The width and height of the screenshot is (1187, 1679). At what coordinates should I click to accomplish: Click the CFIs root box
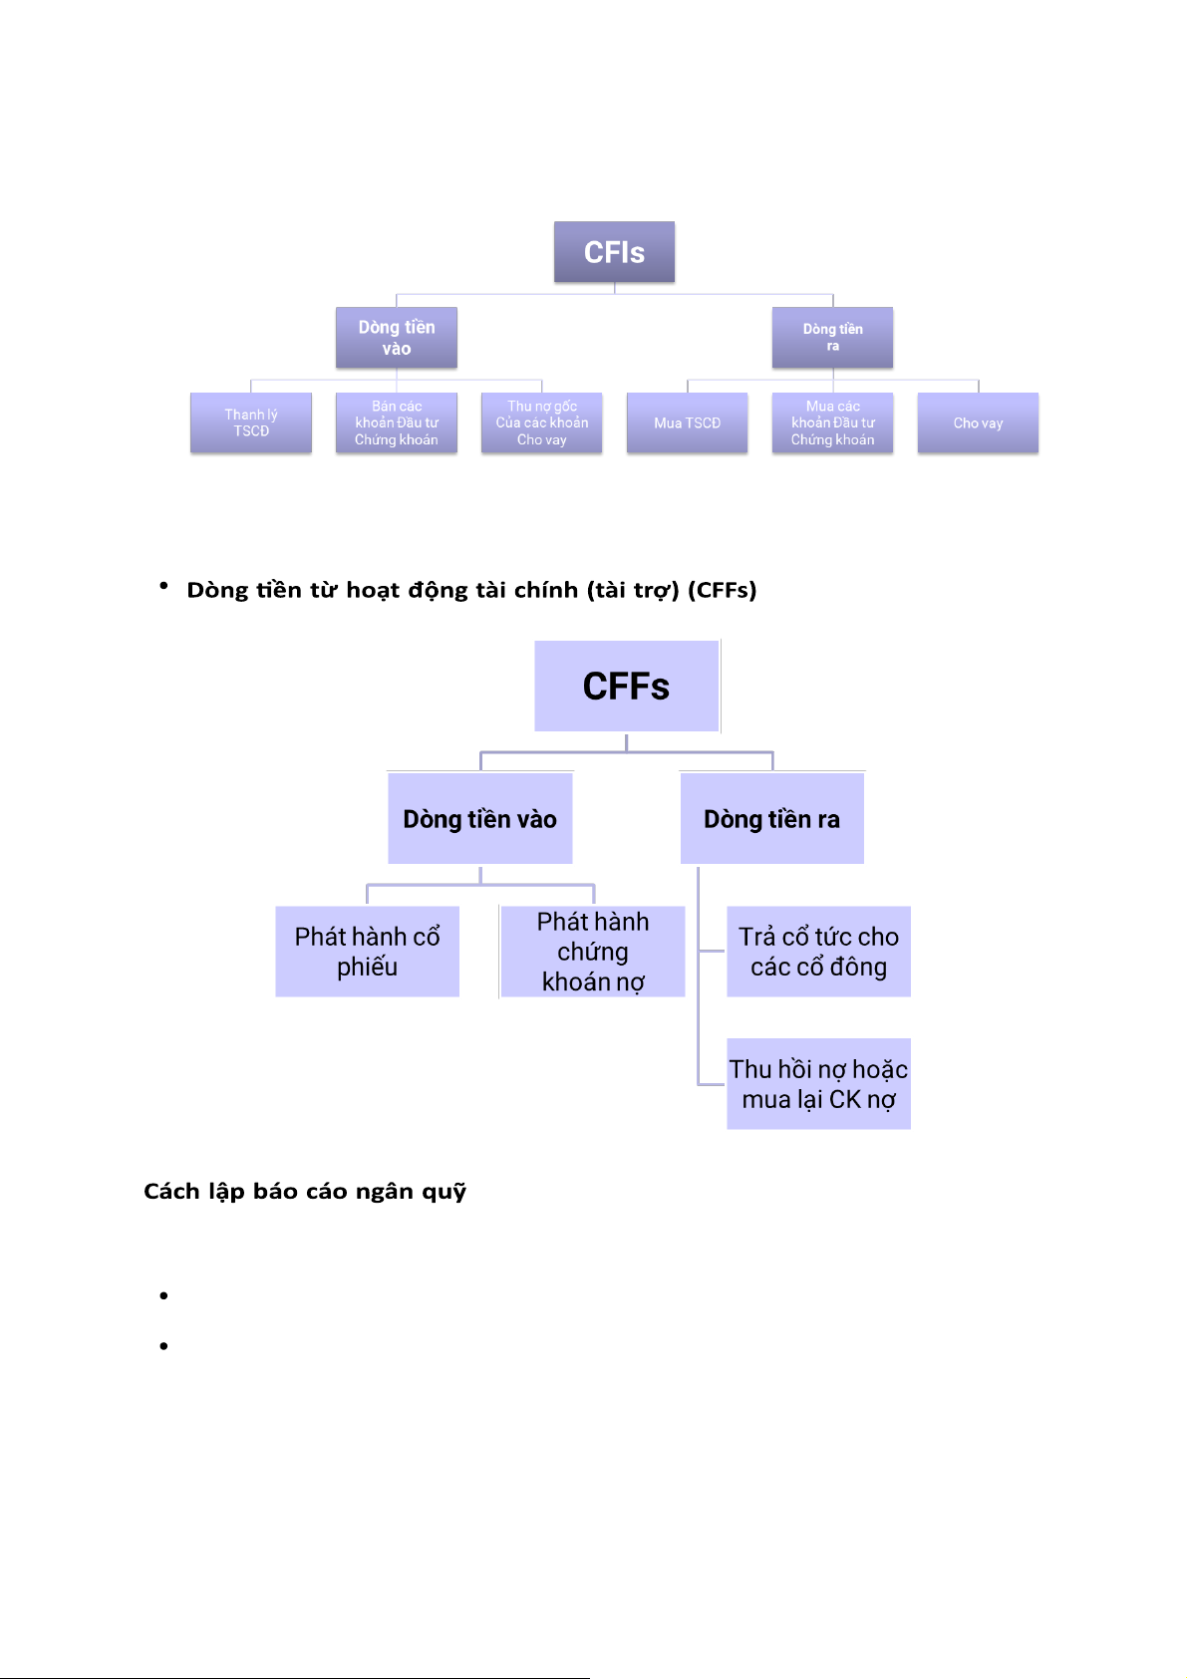coord(614,252)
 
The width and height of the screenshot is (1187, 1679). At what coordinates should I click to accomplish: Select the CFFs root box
coord(626,686)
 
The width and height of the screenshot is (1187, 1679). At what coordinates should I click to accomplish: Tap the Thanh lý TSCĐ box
coord(250,422)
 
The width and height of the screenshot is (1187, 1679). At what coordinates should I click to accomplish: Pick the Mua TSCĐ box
coord(687,422)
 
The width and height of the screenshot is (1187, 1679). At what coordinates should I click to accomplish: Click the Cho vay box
coord(978,422)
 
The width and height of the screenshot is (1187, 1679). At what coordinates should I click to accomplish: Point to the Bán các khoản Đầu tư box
coord(396,422)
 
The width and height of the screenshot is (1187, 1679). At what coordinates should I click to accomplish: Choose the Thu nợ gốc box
coord(541,422)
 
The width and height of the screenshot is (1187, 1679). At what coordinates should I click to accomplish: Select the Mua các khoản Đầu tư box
coord(832,422)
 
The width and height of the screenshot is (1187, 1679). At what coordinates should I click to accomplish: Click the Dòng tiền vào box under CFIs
coord(396,338)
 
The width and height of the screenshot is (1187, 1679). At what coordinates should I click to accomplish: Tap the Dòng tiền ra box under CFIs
coord(832,338)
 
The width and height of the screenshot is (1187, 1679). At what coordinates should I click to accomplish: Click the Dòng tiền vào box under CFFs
coord(480,818)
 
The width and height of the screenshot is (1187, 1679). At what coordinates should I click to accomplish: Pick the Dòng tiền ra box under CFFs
coord(771,818)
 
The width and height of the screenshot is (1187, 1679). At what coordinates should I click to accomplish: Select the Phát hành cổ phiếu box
coord(368,952)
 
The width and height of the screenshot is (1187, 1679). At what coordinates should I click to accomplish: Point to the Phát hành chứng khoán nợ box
coord(592,952)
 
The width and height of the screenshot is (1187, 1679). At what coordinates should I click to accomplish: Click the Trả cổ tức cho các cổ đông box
coord(819,952)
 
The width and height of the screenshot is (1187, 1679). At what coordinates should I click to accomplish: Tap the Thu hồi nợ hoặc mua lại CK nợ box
coord(819,1084)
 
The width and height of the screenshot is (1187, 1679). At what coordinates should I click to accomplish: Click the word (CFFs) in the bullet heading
coord(723,590)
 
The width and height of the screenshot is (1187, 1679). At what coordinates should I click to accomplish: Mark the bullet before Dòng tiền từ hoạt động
coord(163,585)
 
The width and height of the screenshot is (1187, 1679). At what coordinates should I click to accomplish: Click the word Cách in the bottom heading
coord(171,1191)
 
